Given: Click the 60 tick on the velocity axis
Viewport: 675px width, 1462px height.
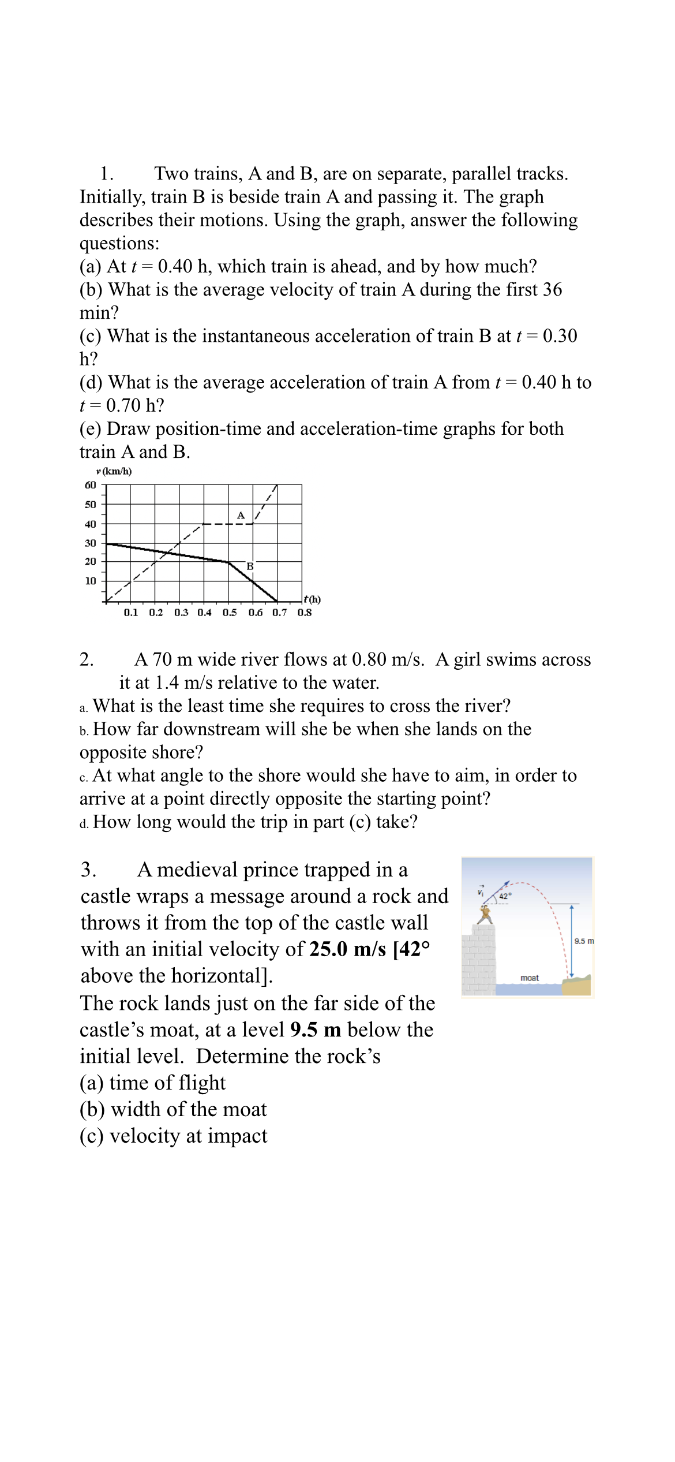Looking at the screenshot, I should pos(91,485).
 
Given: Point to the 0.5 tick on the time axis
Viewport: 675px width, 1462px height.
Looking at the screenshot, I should pos(230,612).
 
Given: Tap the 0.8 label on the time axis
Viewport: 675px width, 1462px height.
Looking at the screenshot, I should pos(305,612).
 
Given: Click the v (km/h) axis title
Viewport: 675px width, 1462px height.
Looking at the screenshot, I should pos(114,471).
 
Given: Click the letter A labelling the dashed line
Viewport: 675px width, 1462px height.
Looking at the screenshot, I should pos(241,514).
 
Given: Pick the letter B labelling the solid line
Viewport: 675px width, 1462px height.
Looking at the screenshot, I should pos(250,566).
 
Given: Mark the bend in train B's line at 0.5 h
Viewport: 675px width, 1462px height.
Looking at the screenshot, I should pos(228,562).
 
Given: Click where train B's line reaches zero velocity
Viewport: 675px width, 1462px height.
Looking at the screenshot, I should pos(277,601).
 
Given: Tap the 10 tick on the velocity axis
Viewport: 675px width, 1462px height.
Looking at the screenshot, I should pos(91,581).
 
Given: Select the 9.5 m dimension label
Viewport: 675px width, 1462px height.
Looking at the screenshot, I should pos(584,941).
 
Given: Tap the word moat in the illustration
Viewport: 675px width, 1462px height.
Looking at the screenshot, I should pos(530,978).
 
